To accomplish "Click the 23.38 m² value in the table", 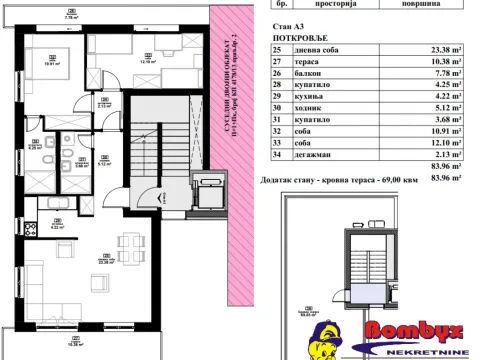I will pyautogui.click(x=448, y=48).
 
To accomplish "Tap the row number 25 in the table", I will pyautogui.click(x=277, y=48).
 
